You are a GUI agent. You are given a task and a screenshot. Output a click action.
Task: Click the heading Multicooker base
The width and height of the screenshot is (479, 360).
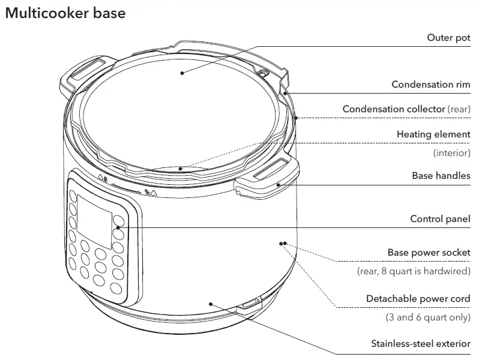(65, 13)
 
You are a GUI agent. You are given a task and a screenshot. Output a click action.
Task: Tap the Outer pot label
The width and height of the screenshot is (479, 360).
(448, 38)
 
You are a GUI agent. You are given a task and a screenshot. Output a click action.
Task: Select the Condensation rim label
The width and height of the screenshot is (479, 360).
(430, 85)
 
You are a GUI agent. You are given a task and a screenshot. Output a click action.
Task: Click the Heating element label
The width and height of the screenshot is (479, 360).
(433, 134)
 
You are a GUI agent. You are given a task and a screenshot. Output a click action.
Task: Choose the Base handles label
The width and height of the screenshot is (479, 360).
(441, 176)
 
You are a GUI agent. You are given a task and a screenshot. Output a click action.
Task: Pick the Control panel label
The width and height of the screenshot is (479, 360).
(440, 219)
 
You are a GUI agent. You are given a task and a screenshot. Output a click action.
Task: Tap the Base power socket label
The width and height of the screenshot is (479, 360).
(429, 253)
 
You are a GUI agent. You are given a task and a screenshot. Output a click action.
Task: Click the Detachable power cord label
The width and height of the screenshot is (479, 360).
(418, 299)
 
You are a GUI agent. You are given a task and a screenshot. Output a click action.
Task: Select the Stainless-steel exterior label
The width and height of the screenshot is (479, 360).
(420, 344)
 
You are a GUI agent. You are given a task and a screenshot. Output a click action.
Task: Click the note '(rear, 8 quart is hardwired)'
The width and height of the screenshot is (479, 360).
(414, 271)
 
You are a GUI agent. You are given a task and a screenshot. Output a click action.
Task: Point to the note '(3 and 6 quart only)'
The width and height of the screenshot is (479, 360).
(427, 317)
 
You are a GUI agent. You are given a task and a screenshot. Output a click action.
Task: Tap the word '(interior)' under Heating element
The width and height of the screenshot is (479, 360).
(451, 153)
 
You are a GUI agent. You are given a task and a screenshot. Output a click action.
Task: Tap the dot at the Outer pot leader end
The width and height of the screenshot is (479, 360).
(181, 73)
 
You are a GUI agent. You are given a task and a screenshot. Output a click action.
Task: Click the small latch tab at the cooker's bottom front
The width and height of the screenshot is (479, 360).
(250, 305)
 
